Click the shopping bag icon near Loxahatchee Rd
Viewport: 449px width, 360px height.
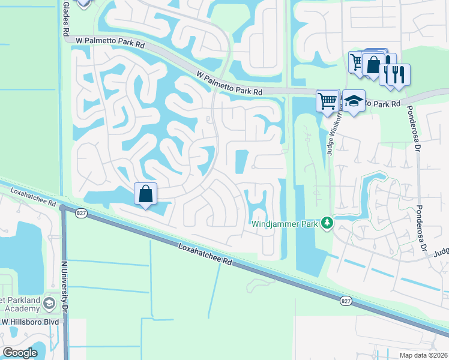point(145,194)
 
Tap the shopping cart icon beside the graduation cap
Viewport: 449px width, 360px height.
point(328,101)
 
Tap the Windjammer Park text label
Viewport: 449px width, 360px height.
point(285,224)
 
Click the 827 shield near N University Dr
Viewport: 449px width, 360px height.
point(80,212)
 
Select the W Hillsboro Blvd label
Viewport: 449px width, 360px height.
point(29,322)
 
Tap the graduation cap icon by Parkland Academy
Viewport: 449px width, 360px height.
point(47,304)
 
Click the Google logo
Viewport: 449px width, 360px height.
point(20,353)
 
